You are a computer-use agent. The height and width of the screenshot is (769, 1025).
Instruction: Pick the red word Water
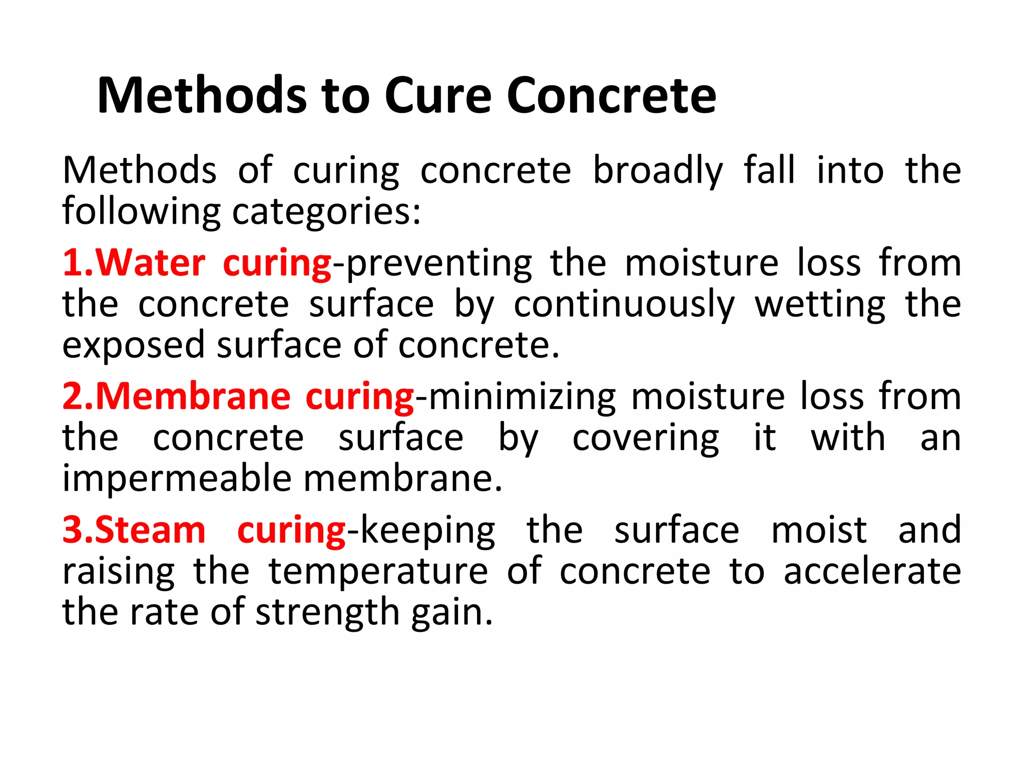tap(150, 263)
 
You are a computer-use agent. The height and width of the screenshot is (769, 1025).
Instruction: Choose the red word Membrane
tap(193, 397)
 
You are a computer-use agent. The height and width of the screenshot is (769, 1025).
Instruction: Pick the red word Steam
tap(150, 530)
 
